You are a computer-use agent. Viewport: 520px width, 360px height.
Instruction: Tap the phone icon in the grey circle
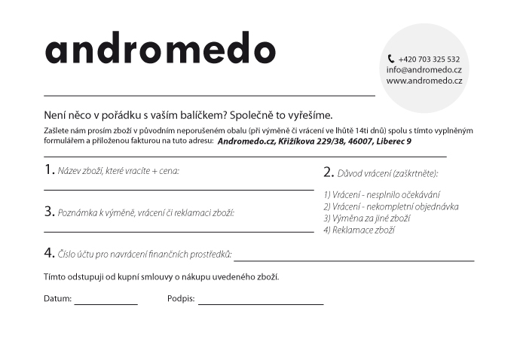tap(390, 59)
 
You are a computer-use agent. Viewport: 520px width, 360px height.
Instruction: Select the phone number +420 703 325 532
tap(429, 59)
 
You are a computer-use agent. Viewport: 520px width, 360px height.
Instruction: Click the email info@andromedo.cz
tap(424, 69)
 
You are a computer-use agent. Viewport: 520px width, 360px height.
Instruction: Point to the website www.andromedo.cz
tap(424, 81)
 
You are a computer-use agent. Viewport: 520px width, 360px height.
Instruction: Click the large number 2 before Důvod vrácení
tap(328, 172)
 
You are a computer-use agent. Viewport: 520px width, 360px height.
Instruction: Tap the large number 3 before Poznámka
tap(48, 212)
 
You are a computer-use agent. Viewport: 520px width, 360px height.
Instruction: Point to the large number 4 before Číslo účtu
tap(48, 253)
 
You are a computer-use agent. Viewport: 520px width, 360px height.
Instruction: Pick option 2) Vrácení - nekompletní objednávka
tap(390, 206)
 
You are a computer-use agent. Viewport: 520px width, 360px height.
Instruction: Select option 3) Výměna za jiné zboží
tap(366, 218)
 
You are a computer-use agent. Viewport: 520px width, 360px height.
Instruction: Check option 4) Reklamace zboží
tap(359, 230)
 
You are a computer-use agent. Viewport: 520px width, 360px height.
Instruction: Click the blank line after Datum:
tap(106, 303)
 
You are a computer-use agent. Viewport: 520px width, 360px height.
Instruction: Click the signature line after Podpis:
tap(261, 303)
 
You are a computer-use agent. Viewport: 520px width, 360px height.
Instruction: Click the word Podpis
tap(180, 299)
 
